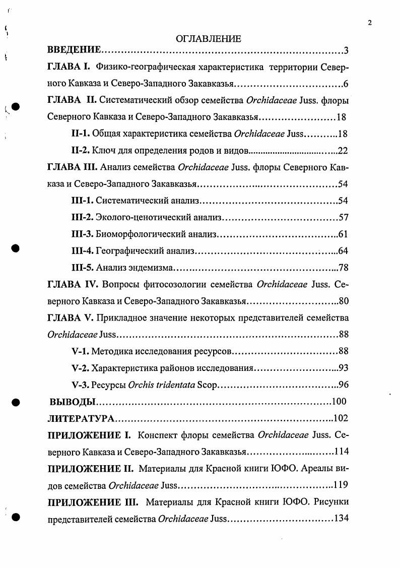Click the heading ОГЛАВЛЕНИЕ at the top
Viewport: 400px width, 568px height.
[x=209, y=38]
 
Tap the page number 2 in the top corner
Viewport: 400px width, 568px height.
[x=370, y=22]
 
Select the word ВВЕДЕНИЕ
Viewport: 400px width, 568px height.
[x=75, y=50]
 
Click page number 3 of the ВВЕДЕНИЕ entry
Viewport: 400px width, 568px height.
[x=346, y=50]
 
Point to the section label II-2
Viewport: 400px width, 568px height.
[x=80, y=150]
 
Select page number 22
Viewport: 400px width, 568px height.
[x=343, y=150]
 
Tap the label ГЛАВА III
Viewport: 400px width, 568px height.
[x=72, y=167]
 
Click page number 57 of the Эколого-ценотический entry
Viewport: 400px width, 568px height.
[x=344, y=218]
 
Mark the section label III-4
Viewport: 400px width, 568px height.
[x=82, y=251]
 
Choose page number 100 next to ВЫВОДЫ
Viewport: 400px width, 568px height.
[x=340, y=402]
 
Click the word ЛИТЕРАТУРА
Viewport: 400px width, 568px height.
[x=81, y=418]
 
